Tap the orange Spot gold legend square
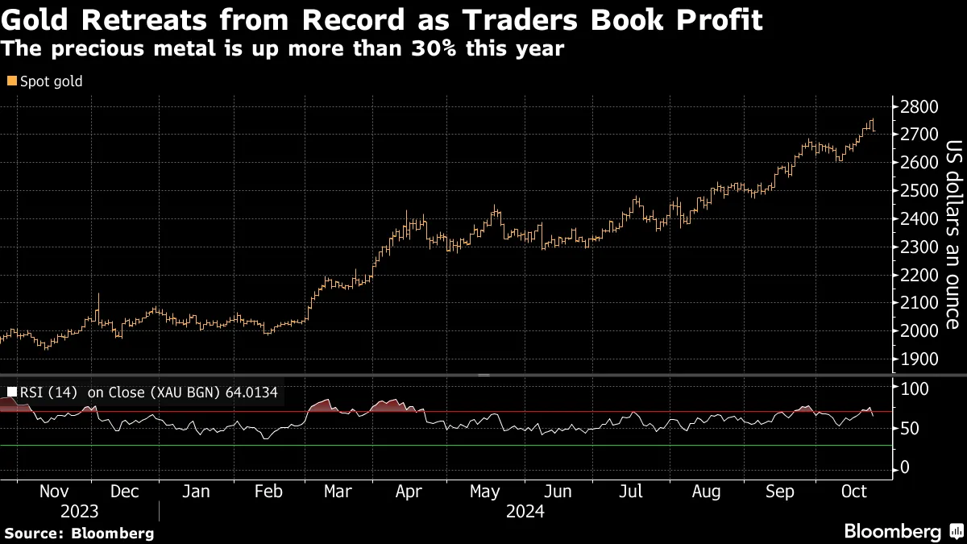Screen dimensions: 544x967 (11, 81)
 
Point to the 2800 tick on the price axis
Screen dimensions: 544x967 (918, 106)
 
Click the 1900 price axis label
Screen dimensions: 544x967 (918, 359)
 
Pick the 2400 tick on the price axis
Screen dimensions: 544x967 (918, 218)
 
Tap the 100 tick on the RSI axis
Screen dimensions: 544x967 (914, 389)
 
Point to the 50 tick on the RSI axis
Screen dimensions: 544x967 (910, 428)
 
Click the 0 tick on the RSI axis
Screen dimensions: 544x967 (905, 467)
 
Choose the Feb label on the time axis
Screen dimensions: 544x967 (268, 491)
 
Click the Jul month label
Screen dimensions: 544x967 (632, 491)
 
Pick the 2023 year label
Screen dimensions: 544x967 (79, 511)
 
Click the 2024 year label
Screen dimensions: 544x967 (525, 511)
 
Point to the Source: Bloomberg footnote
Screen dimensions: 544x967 (79, 533)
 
